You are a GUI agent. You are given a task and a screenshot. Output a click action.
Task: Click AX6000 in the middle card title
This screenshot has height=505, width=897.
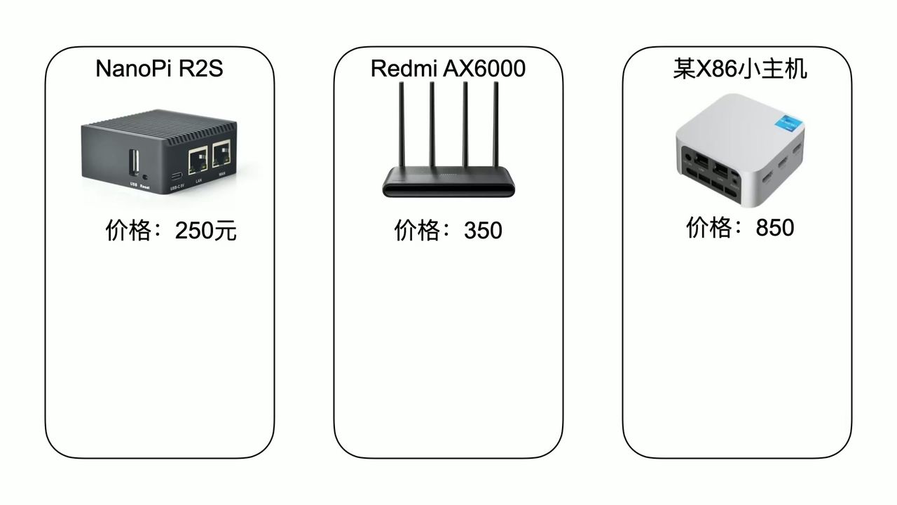click(484, 69)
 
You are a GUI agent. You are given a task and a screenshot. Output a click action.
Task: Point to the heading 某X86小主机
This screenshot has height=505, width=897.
click(739, 69)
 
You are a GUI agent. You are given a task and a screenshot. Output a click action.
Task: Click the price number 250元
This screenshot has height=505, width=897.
click(206, 230)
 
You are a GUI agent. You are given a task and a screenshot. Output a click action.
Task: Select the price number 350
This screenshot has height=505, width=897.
click(483, 230)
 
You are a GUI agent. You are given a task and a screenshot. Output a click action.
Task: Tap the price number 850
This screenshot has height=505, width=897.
click(775, 227)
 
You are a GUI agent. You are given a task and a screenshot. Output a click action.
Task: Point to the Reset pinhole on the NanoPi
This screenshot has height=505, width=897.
click(145, 177)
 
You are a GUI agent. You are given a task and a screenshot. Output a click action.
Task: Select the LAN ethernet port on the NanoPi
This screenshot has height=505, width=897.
click(198, 160)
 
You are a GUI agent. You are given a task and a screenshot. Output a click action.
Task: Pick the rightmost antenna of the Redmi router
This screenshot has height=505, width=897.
click(496, 126)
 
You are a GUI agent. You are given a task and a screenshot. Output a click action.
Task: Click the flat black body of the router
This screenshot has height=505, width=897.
click(449, 184)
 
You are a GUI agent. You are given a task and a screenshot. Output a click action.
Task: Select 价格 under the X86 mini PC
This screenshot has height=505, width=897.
click(708, 227)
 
